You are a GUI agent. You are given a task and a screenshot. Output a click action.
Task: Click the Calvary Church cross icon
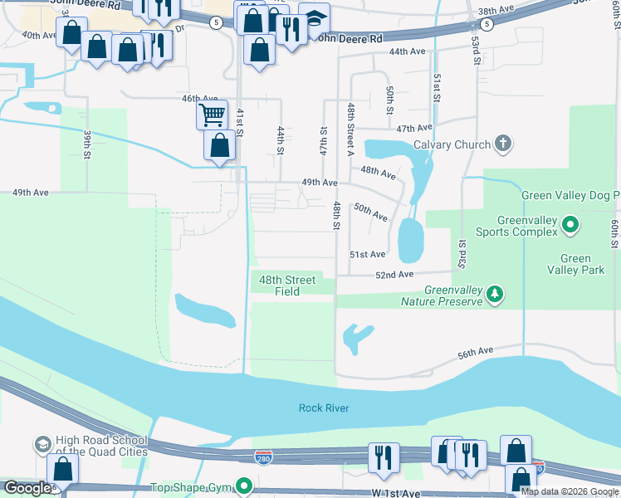point(502,144)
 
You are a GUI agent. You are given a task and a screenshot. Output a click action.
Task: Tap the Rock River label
point(325,408)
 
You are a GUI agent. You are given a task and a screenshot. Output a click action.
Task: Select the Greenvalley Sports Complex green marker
point(570,224)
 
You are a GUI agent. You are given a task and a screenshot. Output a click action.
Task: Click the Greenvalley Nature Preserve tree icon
point(495,295)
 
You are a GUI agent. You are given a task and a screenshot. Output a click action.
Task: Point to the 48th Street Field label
point(287,286)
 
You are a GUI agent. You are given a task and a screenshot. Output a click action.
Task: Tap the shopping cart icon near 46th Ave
point(212,114)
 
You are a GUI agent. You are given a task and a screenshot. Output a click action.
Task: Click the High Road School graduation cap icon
point(42,446)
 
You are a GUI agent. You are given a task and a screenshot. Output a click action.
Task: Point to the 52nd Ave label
point(394,275)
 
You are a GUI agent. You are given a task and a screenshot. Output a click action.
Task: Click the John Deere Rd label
point(350,39)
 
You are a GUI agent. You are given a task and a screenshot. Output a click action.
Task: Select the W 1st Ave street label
point(397,493)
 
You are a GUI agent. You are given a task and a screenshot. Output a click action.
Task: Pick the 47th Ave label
point(414,129)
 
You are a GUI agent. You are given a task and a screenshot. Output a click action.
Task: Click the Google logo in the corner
point(27,488)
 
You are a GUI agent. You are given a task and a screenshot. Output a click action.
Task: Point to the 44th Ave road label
point(407,51)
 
